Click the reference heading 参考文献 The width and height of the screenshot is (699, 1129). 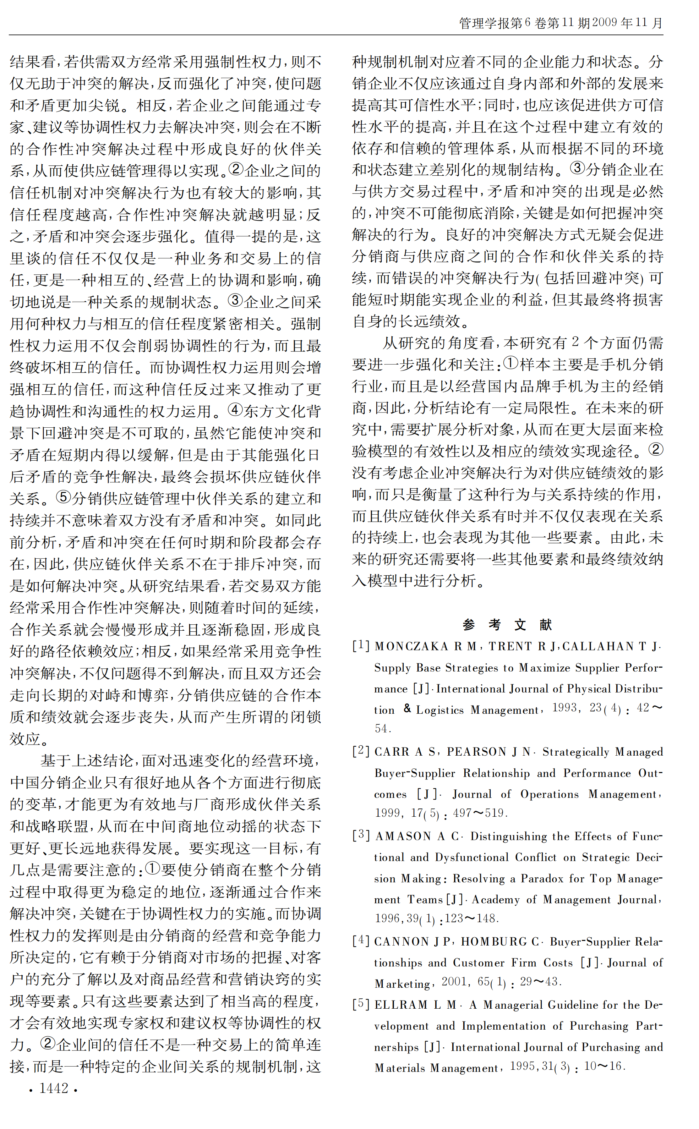(507, 625)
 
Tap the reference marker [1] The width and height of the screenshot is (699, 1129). (361, 646)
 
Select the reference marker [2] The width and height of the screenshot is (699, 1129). (361, 751)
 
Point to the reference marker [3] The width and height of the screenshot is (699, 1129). (361, 835)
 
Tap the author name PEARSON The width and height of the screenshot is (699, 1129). (476, 751)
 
